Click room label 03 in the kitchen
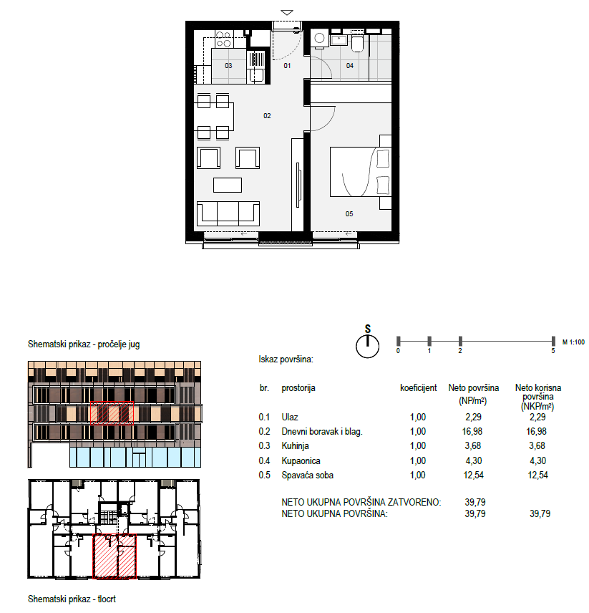click(x=228, y=66)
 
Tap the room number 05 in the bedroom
click(x=349, y=214)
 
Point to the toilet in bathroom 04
click(x=357, y=43)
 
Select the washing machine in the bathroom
click(x=320, y=39)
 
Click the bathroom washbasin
click(x=339, y=39)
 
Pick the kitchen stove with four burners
click(x=223, y=39)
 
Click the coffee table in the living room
click(x=228, y=185)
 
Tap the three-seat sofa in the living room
click(x=228, y=213)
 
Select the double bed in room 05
click(x=361, y=172)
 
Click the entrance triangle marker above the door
click(x=287, y=12)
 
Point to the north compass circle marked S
click(x=368, y=346)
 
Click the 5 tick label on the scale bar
click(x=553, y=351)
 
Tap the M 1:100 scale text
click(x=573, y=342)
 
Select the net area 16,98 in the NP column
click(x=473, y=431)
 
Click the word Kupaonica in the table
click(x=301, y=461)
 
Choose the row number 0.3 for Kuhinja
click(x=264, y=445)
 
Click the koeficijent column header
click(x=419, y=388)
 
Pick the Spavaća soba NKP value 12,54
click(x=538, y=475)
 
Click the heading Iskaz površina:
click(x=286, y=359)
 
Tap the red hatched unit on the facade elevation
click(x=112, y=412)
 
